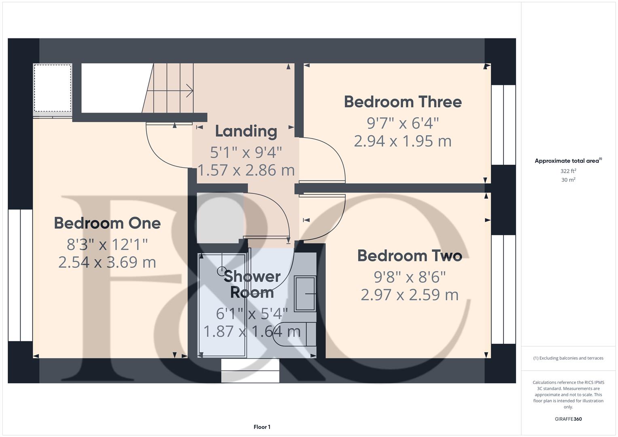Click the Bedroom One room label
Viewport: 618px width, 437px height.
[x=107, y=223]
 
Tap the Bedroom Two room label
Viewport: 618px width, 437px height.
[x=410, y=256]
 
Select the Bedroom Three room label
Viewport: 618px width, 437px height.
[x=403, y=102]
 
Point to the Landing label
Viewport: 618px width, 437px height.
[x=246, y=131]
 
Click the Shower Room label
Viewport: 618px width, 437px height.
[x=252, y=284]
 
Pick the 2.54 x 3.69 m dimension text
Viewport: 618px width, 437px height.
[x=107, y=262]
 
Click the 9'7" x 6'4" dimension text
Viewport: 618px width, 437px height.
[x=403, y=122]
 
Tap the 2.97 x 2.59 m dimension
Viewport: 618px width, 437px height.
[x=410, y=295]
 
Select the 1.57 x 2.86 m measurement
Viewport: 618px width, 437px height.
[x=246, y=170]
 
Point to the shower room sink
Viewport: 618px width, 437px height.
[x=305, y=293]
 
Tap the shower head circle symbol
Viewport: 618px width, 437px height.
[x=221, y=271]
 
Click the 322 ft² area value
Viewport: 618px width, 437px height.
[x=568, y=171]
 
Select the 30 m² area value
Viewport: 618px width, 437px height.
[x=568, y=180]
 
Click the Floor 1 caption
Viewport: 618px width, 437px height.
[x=262, y=427]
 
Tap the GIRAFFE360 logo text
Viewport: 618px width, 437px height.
[x=568, y=419]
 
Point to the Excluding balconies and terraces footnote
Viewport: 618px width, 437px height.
[x=568, y=358]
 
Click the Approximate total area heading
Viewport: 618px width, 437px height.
[x=567, y=161]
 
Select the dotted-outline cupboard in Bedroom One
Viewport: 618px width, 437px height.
[x=53, y=88]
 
